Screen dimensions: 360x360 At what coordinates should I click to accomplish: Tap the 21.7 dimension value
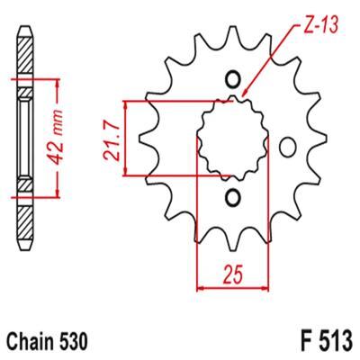(x=111, y=139)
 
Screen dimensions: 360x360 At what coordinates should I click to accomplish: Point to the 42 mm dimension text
(x=56, y=138)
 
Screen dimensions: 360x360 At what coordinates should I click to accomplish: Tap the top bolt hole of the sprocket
(x=233, y=80)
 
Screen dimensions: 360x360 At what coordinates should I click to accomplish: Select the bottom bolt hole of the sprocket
(x=233, y=198)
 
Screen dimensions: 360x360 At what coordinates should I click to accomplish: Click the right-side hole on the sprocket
(x=287, y=147)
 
